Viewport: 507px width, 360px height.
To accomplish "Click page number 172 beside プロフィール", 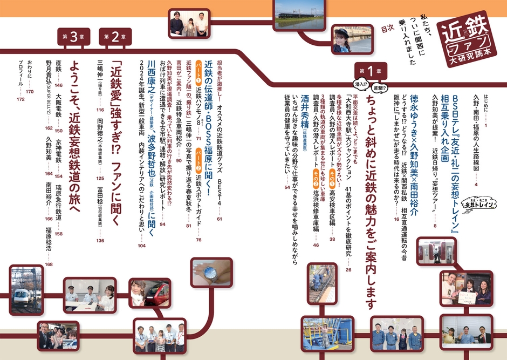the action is click(x=21, y=100).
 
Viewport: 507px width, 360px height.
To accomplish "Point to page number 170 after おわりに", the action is click(x=30, y=92).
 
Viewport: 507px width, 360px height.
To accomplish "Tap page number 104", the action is click(x=141, y=246).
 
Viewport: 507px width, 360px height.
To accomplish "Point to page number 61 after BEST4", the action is click(x=220, y=219).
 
